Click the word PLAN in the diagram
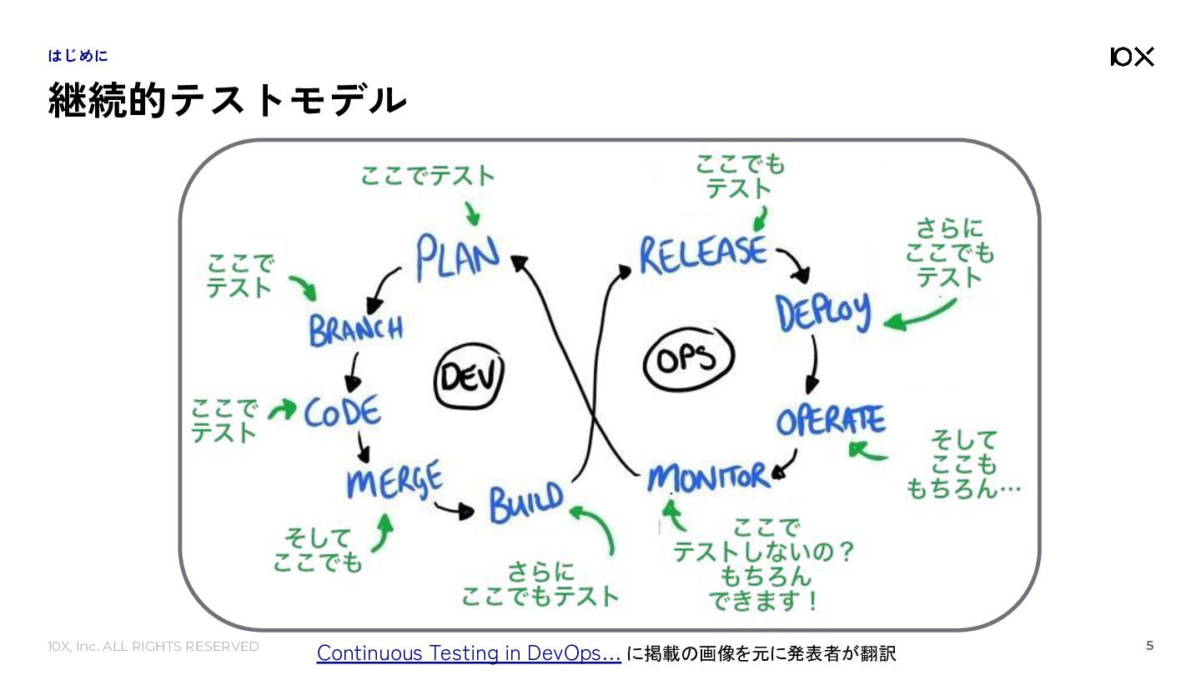click(x=457, y=257)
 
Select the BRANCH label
click(x=356, y=329)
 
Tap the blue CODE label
click(x=343, y=412)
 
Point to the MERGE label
click(x=395, y=479)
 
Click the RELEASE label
click(x=703, y=254)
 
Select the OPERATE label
click(x=831, y=421)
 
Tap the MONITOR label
click(x=708, y=477)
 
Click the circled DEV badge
click(x=469, y=376)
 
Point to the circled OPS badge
click(x=688, y=358)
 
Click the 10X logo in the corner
click(x=1132, y=57)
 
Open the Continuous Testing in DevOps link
click(x=469, y=653)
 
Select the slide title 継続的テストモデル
click(x=228, y=100)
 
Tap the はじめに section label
click(x=78, y=56)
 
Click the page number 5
click(x=1149, y=646)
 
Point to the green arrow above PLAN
click(x=472, y=213)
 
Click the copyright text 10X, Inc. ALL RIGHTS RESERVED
click(x=153, y=646)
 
